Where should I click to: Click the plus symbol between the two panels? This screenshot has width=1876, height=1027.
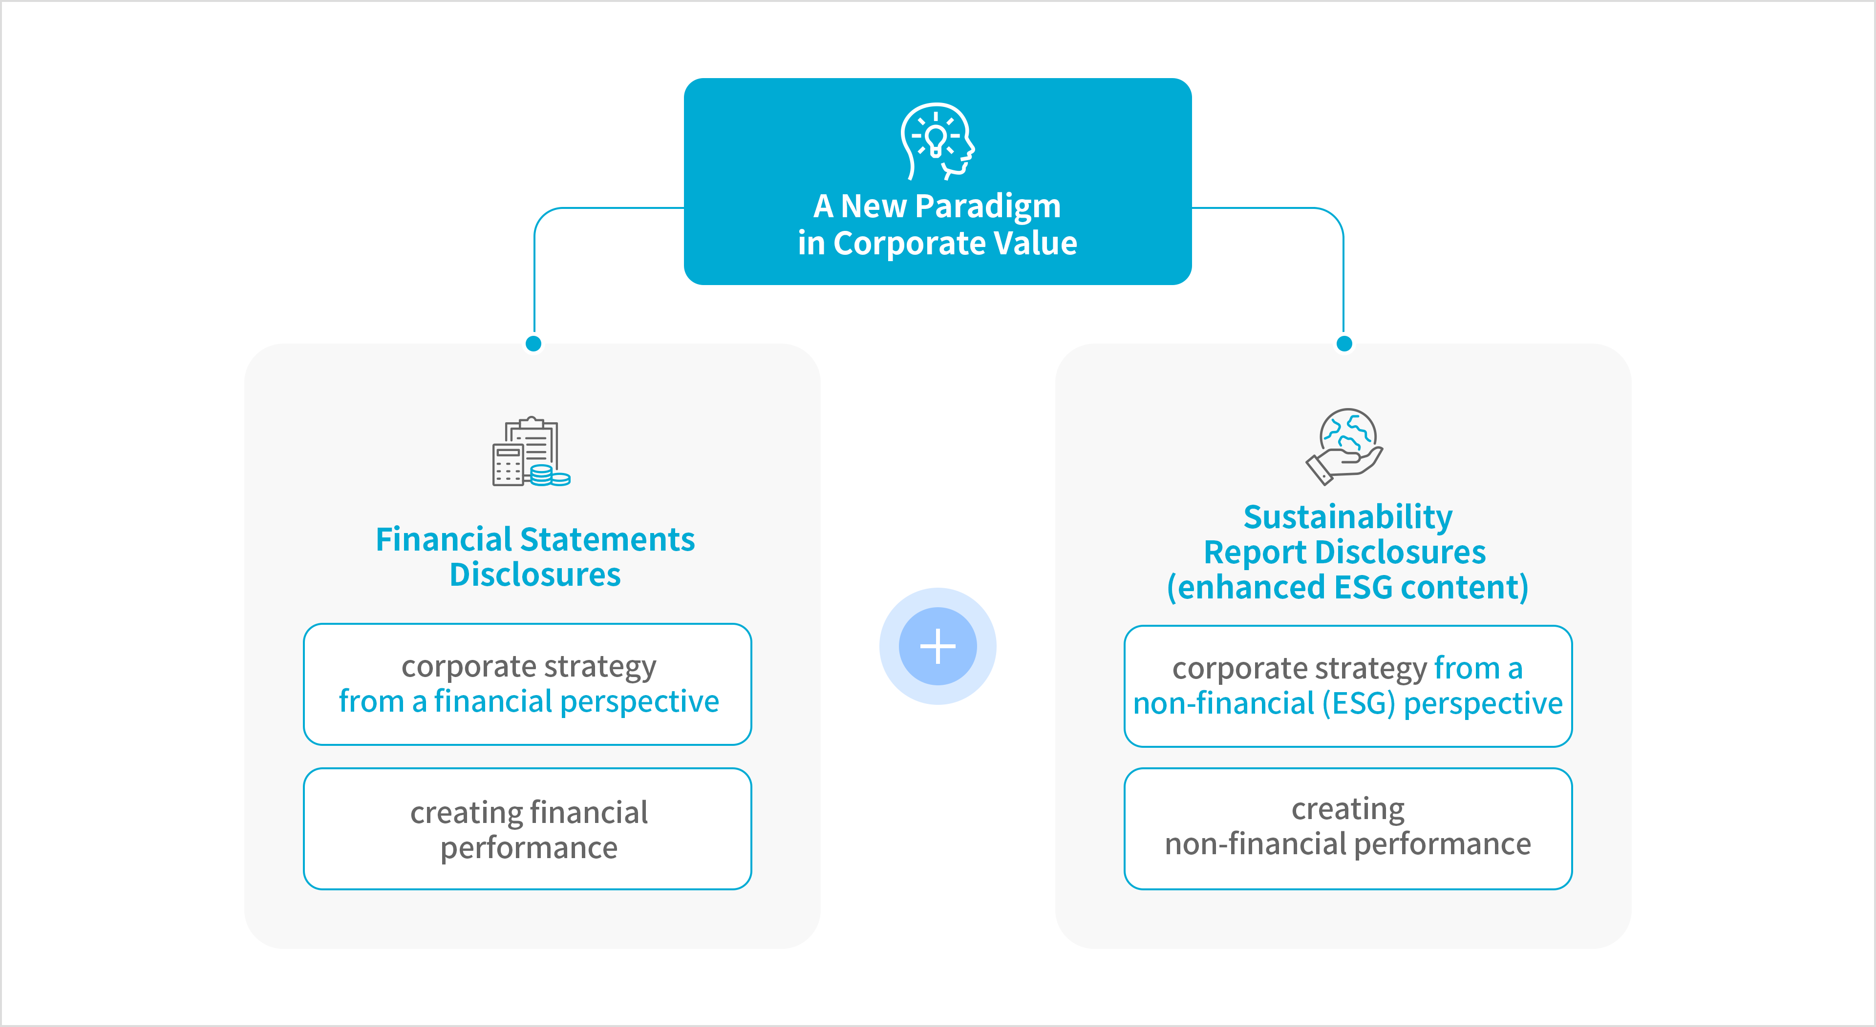938,646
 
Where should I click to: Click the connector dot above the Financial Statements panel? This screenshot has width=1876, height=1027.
534,344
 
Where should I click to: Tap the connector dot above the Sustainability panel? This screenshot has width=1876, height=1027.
1344,344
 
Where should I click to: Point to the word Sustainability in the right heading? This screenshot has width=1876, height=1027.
1347,517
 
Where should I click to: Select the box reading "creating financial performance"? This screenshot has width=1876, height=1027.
528,829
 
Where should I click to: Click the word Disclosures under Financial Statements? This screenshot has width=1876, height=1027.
535,575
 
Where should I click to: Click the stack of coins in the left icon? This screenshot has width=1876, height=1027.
550,476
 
